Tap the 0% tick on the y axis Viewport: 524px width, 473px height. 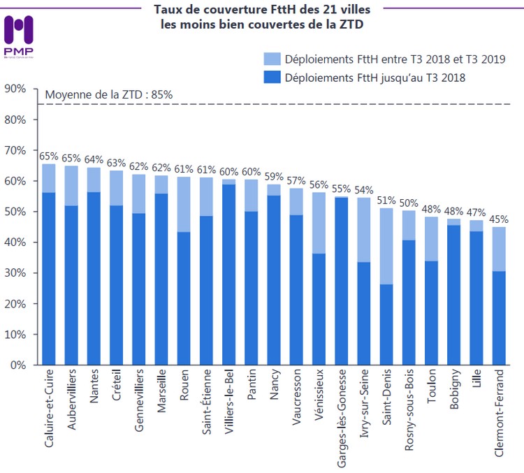click(x=17, y=365)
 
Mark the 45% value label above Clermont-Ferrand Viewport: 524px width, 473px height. click(x=498, y=219)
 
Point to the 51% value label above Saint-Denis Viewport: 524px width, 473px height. click(x=386, y=201)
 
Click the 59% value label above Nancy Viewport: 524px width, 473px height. click(x=274, y=176)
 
